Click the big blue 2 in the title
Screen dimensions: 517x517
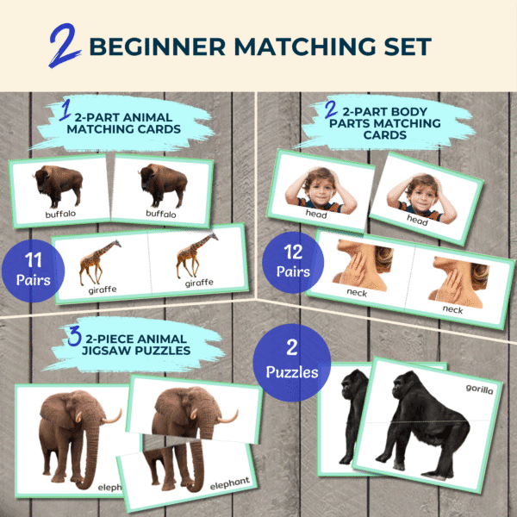tap(65, 45)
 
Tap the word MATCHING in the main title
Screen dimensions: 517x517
tap(304, 47)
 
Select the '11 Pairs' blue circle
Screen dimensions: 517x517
tap(33, 271)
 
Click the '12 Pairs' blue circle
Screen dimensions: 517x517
tap(293, 263)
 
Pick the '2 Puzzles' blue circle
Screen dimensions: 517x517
tap(292, 363)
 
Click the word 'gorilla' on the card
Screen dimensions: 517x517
tap(479, 389)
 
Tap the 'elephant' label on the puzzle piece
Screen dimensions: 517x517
tap(230, 483)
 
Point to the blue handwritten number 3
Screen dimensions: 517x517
tap(74, 336)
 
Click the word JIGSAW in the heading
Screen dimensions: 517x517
tap(109, 351)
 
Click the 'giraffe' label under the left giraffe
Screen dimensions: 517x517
tap(103, 290)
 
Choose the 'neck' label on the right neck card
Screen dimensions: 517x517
tap(452, 309)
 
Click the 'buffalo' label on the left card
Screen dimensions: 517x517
tap(60, 214)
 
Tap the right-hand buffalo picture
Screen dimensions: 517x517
tap(163, 185)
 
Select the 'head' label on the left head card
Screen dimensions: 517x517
tap(316, 214)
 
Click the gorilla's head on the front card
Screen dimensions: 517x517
tap(405, 386)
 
